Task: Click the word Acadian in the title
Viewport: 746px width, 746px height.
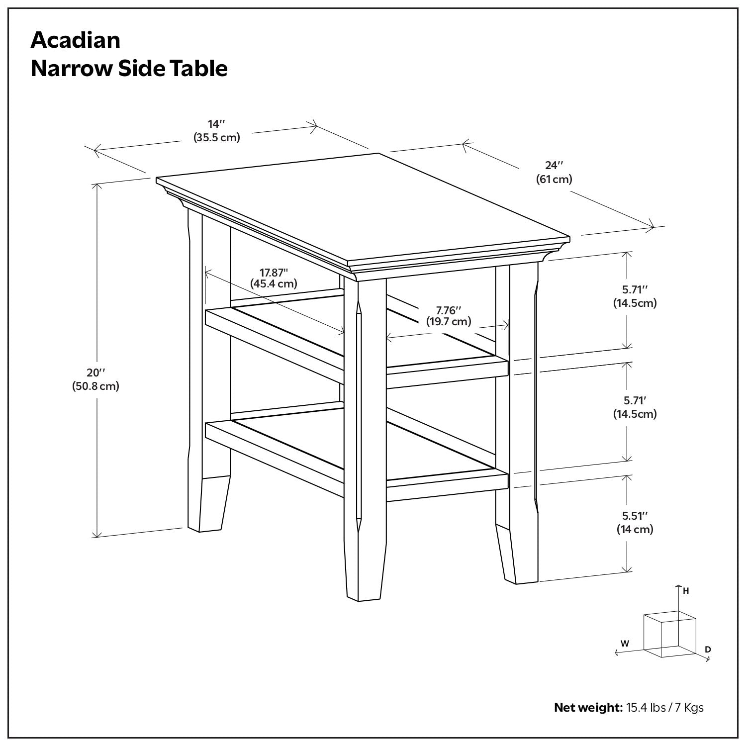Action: pos(75,40)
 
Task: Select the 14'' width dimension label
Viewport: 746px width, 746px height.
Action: pos(216,123)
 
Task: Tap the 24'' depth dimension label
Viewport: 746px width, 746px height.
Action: pos(554,165)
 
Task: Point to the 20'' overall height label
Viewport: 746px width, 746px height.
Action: pos(95,372)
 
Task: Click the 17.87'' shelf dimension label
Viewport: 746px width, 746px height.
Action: pos(274,272)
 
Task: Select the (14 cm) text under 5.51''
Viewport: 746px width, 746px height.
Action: pos(635,529)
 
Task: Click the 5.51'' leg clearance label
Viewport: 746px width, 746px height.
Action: pos(635,516)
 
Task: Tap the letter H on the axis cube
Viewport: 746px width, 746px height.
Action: pos(686,591)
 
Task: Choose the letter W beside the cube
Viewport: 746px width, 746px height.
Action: pos(625,643)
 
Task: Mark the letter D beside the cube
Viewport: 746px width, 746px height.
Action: pos(708,649)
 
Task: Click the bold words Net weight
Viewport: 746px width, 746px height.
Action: pos(588,707)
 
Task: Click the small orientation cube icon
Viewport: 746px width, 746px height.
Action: pos(669,634)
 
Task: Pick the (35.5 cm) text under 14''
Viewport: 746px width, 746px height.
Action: pos(216,137)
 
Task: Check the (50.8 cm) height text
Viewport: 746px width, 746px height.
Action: pos(95,386)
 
